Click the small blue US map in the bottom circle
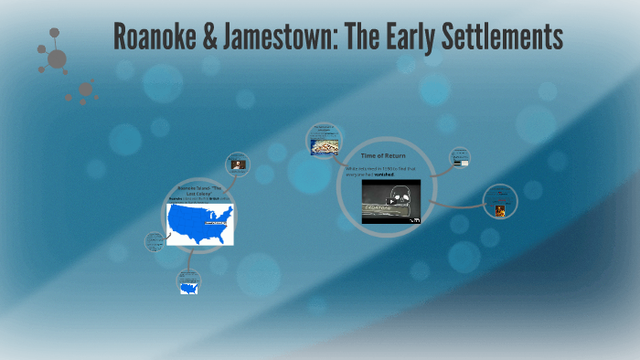point(188,288)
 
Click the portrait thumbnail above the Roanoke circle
point(238,164)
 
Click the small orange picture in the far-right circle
point(500,210)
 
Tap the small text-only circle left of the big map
point(155,242)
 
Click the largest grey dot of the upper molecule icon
point(57,59)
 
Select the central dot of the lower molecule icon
point(86,89)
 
